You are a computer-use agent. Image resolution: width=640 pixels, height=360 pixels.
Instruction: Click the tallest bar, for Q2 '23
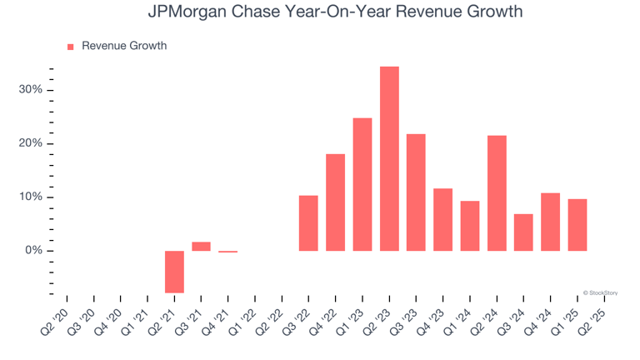tap(389, 158)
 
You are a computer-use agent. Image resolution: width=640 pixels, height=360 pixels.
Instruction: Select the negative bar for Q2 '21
tap(174, 272)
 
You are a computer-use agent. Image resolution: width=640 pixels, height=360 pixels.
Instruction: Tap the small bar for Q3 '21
tap(201, 247)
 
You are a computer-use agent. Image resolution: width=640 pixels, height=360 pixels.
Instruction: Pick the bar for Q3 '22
tap(308, 223)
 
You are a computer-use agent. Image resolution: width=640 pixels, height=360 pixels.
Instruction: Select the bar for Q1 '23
tap(362, 184)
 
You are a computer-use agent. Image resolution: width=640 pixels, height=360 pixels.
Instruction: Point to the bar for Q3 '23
tap(416, 192)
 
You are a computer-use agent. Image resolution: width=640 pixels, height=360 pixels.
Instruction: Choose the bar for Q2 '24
tap(497, 193)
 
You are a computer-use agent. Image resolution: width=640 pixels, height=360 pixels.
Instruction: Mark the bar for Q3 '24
tap(523, 232)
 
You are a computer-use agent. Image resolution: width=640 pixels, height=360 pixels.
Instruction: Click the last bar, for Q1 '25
tap(577, 225)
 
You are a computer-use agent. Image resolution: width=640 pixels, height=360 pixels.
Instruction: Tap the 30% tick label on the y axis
tap(31, 90)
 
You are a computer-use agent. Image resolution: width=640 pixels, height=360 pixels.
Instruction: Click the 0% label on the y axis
tap(34, 251)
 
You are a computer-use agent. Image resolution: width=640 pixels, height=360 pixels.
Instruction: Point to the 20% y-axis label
tap(31, 143)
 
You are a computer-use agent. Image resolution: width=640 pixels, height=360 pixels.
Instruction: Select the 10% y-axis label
tap(31, 197)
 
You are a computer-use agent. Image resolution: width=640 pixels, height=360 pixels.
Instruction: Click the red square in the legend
tap(70, 47)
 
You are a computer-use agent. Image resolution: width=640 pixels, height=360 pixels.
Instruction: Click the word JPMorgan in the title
tap(184, 12)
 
